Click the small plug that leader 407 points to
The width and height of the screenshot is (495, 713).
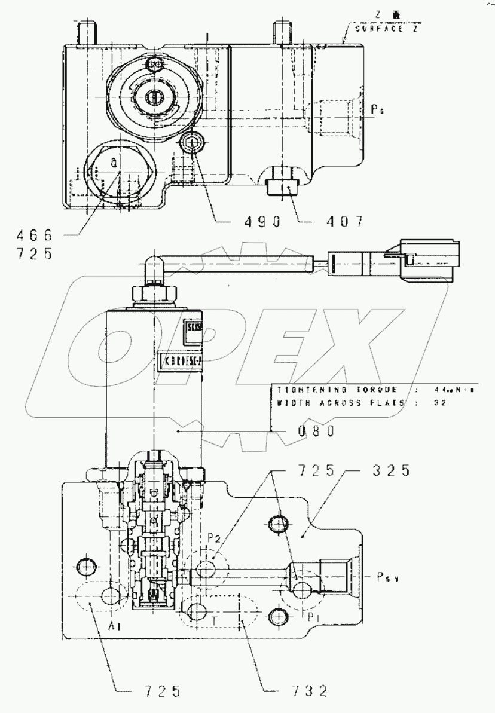pyautogui.click(x=279, y=183)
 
